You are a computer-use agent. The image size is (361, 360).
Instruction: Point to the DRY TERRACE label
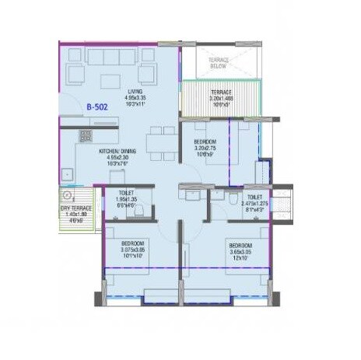coord(75,208)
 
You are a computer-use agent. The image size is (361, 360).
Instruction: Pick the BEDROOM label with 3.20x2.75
coord(206,141)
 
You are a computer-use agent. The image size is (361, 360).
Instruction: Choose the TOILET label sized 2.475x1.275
coord(254,197)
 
